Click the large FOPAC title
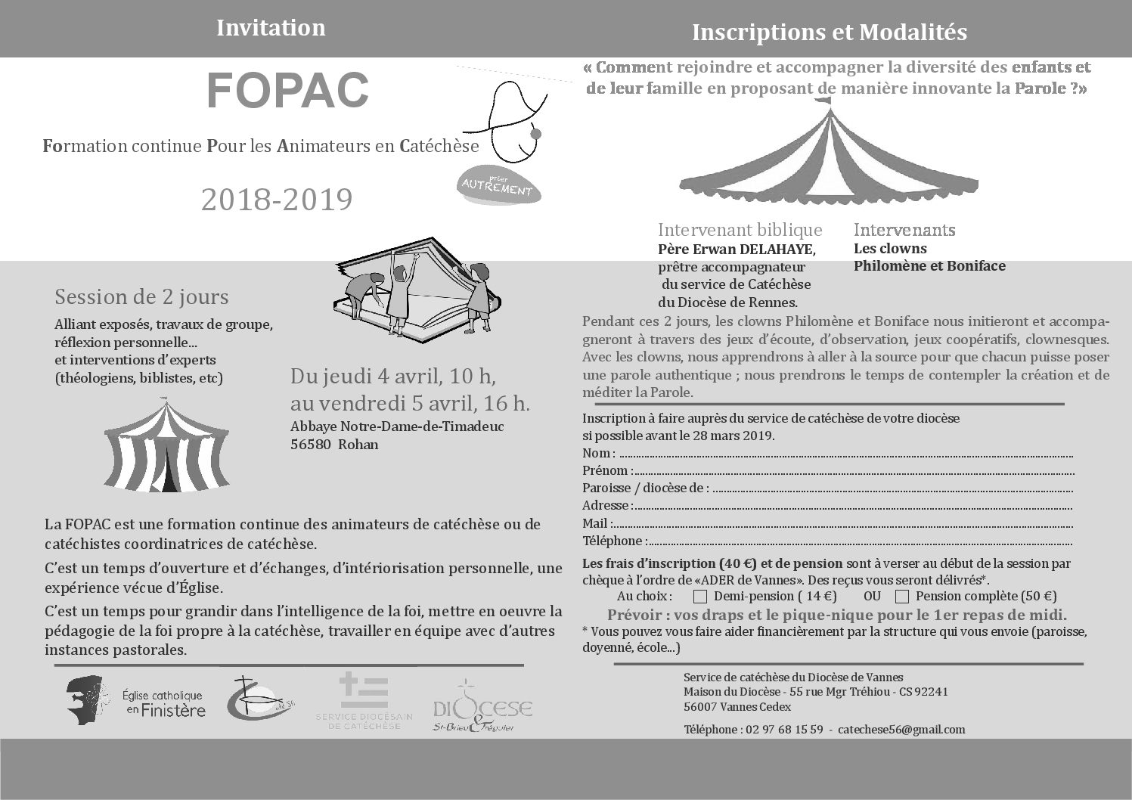(x=287, y=91)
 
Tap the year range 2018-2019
(x=277, y=200)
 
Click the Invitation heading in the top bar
(x=271, y=28)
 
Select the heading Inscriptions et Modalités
(x=830, y=33)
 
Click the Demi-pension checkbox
(x=699, y=597)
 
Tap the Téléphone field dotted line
(x=861, y=544)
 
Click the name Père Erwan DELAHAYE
(x=737, y=250)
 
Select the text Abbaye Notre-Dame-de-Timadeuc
(x=397, y=426)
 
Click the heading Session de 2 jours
(x=141, y=296)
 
